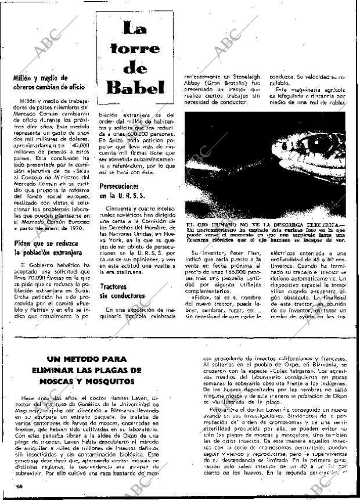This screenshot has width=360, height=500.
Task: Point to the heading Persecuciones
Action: tap(118, 188)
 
